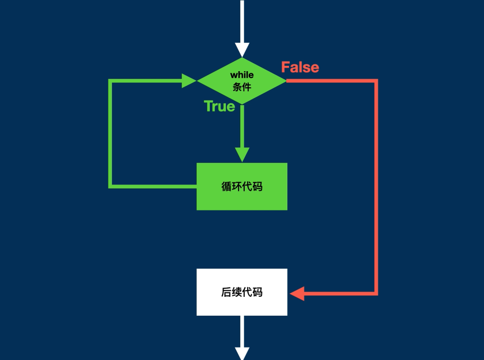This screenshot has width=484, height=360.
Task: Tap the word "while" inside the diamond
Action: click(x=242, y=75)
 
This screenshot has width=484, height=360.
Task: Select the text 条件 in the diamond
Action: click(x=242, y=87)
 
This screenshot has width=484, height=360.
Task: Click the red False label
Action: click(x=300, y=67)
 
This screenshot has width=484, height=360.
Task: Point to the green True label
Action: click(x=219, y=106)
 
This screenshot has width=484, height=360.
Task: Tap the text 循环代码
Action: click(x=242, y=186)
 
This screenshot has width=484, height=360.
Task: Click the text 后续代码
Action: click(x=242, y=292)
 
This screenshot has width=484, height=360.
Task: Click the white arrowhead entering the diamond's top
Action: click(x=242, y=49)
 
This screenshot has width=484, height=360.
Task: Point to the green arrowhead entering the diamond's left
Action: click(x=189, y=81)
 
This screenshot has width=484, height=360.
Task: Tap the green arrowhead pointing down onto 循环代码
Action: click(x=242, y=154)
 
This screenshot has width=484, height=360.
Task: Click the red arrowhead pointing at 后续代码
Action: click(x=297, y=294)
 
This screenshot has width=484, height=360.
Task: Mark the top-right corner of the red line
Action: click(x=376, y=81)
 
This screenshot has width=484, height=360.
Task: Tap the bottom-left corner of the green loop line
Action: click(x=111, y=186)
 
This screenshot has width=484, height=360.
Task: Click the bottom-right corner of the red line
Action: click(x=376, y=294)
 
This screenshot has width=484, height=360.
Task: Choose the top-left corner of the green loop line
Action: click(x=111, y=81)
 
